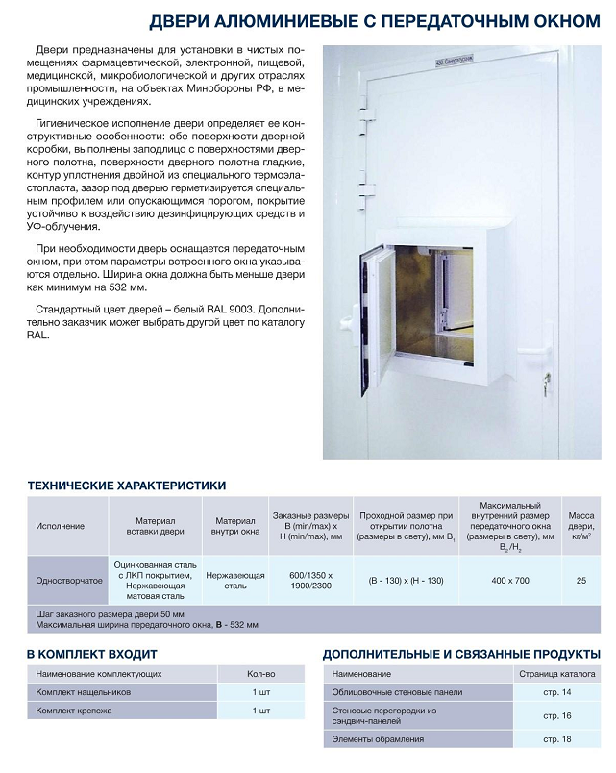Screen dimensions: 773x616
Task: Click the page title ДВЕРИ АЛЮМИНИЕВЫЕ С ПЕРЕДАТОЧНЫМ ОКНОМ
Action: pos(376,21)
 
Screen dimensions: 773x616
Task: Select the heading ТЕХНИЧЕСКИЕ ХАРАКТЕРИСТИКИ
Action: pos(127,486)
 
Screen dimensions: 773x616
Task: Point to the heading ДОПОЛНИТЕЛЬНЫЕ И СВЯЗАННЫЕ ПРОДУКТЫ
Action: pos(459,654)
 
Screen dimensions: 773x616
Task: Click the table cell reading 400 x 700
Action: pos(509,581)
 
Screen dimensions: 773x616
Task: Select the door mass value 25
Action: pos(580,581)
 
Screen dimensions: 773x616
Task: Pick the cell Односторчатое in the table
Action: pos(69,581)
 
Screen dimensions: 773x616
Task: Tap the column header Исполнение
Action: pos(61,526)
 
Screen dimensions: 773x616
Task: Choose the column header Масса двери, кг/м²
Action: pos(580,526)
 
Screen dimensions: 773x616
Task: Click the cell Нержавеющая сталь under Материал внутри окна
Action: pos(235,581)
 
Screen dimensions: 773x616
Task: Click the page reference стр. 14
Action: pos(556,692)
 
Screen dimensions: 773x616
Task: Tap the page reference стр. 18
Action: pos(556,738)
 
